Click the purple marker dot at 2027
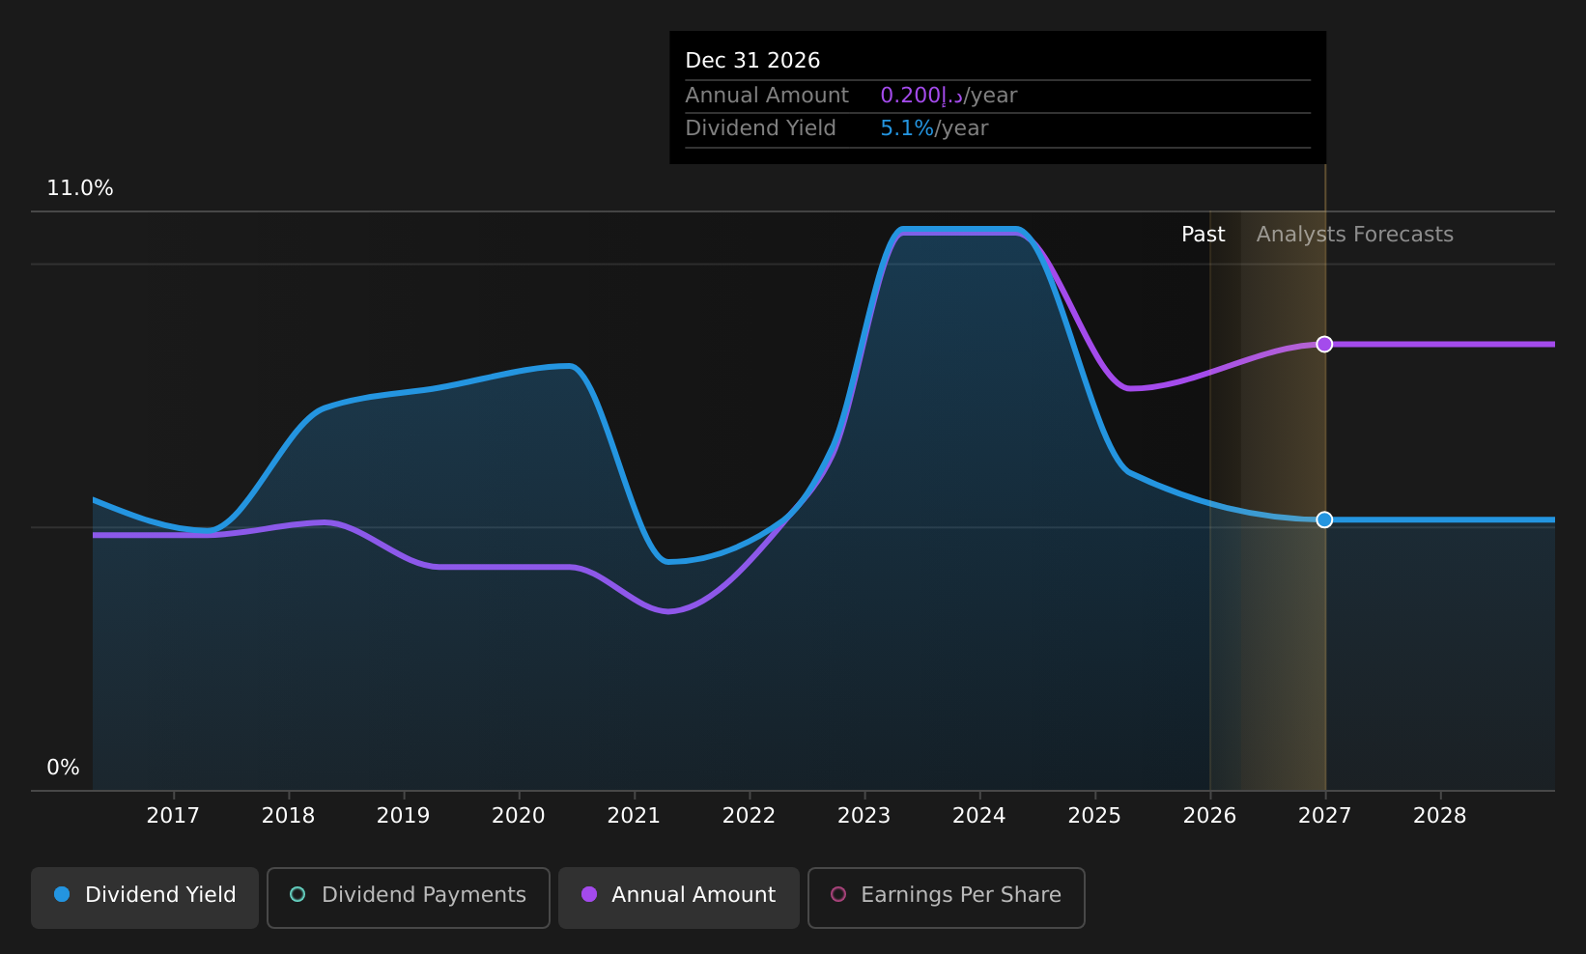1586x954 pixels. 1324,345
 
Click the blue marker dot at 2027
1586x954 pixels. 1324,519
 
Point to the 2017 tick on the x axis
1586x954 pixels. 173,815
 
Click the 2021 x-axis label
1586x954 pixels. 634,815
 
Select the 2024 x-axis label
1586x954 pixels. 979,815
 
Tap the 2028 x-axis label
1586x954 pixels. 1439,815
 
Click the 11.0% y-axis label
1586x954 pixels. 80,188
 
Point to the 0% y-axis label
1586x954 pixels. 64,768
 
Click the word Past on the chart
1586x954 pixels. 1203,235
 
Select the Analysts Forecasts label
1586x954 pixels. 1354,235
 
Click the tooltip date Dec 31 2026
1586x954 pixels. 752,61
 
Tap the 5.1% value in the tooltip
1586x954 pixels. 907,128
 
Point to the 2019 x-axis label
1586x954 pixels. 403,815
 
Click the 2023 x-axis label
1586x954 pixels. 864,815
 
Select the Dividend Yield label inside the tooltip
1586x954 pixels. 760,128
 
